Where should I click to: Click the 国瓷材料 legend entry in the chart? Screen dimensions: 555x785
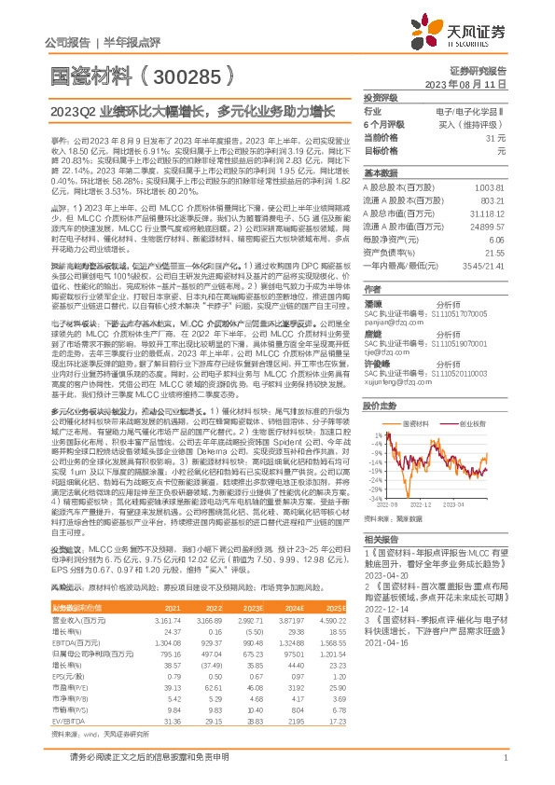414,395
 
